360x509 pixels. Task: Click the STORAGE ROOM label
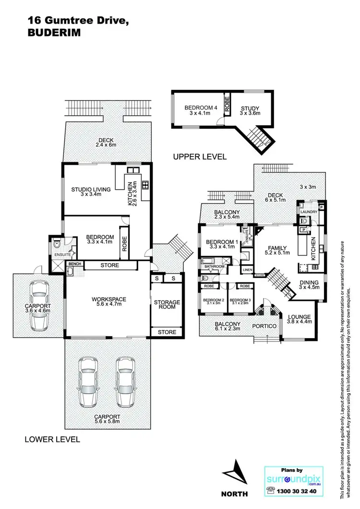click(167, 304)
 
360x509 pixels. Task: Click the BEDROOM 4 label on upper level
click(199, 108)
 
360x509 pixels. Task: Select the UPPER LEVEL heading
click(200, 157)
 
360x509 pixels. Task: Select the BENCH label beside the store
click(74, 264)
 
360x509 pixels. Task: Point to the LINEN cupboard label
click(247, 270)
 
